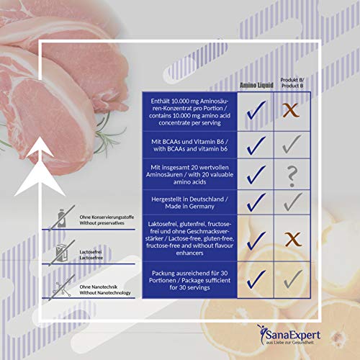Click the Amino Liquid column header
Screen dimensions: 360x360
(256, 85)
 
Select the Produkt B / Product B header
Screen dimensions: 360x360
(292, 83)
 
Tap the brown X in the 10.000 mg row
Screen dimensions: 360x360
(291, 110)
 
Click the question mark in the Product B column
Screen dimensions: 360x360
(292, 176)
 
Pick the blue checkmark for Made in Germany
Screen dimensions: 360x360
(256, 203)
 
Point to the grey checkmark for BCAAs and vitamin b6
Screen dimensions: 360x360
(292, 144)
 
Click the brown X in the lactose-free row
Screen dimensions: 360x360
(293, 239)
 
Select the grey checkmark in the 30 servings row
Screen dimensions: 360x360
(293, 279)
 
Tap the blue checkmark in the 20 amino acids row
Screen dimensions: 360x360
(256, 175)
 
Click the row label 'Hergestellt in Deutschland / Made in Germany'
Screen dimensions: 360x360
(189, 202)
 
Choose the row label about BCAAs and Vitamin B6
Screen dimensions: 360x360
(189, 145)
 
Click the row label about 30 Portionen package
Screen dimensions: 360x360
(189, 280)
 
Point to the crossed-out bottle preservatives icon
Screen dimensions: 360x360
(62, 218)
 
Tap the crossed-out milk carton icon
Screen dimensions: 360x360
(62, 253)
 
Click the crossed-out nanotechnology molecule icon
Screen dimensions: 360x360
(62, 287)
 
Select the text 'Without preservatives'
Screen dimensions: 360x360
(102, 223)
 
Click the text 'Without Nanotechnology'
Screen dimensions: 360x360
(105, 293)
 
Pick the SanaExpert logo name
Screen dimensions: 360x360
(293, 335)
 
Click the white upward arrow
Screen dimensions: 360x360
(40, 166)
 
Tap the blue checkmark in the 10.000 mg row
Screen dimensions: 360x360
(256, 110)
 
